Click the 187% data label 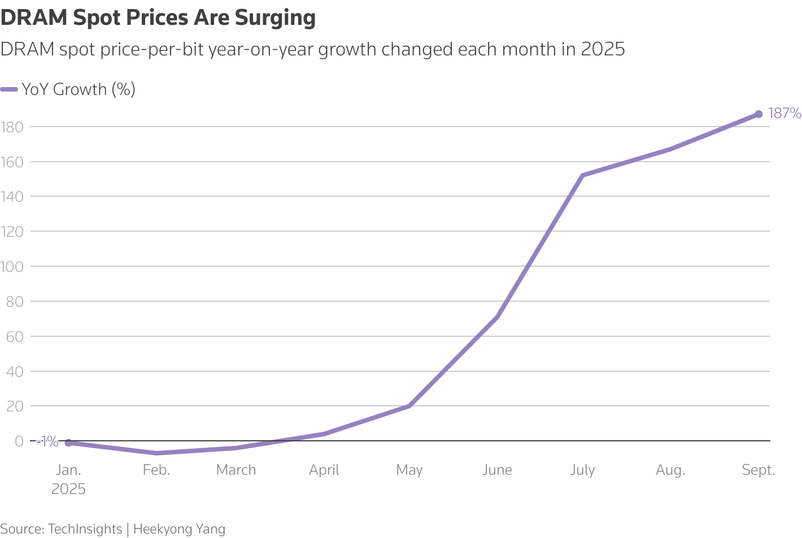click(784, 114)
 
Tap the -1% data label click(48, 441)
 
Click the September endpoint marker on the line click(759, 114)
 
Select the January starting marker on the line click(68, 443)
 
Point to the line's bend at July click(582, 175)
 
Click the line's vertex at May click(409, 406)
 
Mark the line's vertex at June click(497, 317)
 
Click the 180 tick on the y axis click(12, 127)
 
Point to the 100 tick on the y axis click(12, 266)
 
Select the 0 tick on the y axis click(19, 441)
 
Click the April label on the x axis click(324, 470)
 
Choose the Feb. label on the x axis click(156, 470)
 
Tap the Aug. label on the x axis click(670, 470)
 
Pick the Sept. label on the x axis click(758, 470)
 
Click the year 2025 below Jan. click(68, 489)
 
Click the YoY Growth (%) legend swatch click(10, 89)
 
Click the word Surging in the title click(275, 18)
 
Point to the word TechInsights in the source click(85, 529)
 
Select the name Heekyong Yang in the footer click(179, 529)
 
